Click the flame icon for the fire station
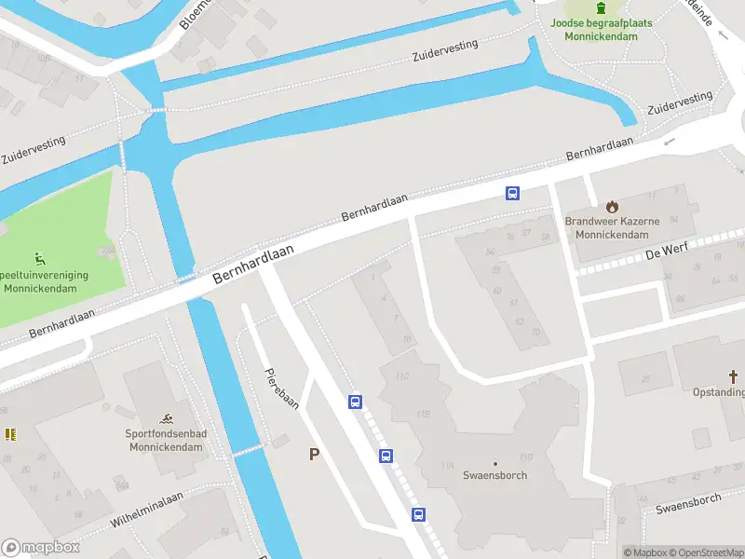[x=612, y=206]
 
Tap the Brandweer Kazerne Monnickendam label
[x=612, y=228]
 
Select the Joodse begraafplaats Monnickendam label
[x=601, y=29]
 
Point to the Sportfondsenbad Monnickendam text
[x=165, y=440]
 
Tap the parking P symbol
[x=315, y=455]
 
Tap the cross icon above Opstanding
[x=733, y=376]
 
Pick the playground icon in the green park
[x=40, y=259]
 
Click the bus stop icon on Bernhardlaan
[x=512, y=193]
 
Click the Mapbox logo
[x=41, y=547]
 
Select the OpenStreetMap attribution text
[x=708, y=552]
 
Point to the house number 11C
[x=402, y=376]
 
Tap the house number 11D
[x=526, y=457]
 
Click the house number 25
[x=646, y=379]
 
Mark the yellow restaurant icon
[x=10, y=434]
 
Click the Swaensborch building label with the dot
[x=495, y=474]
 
